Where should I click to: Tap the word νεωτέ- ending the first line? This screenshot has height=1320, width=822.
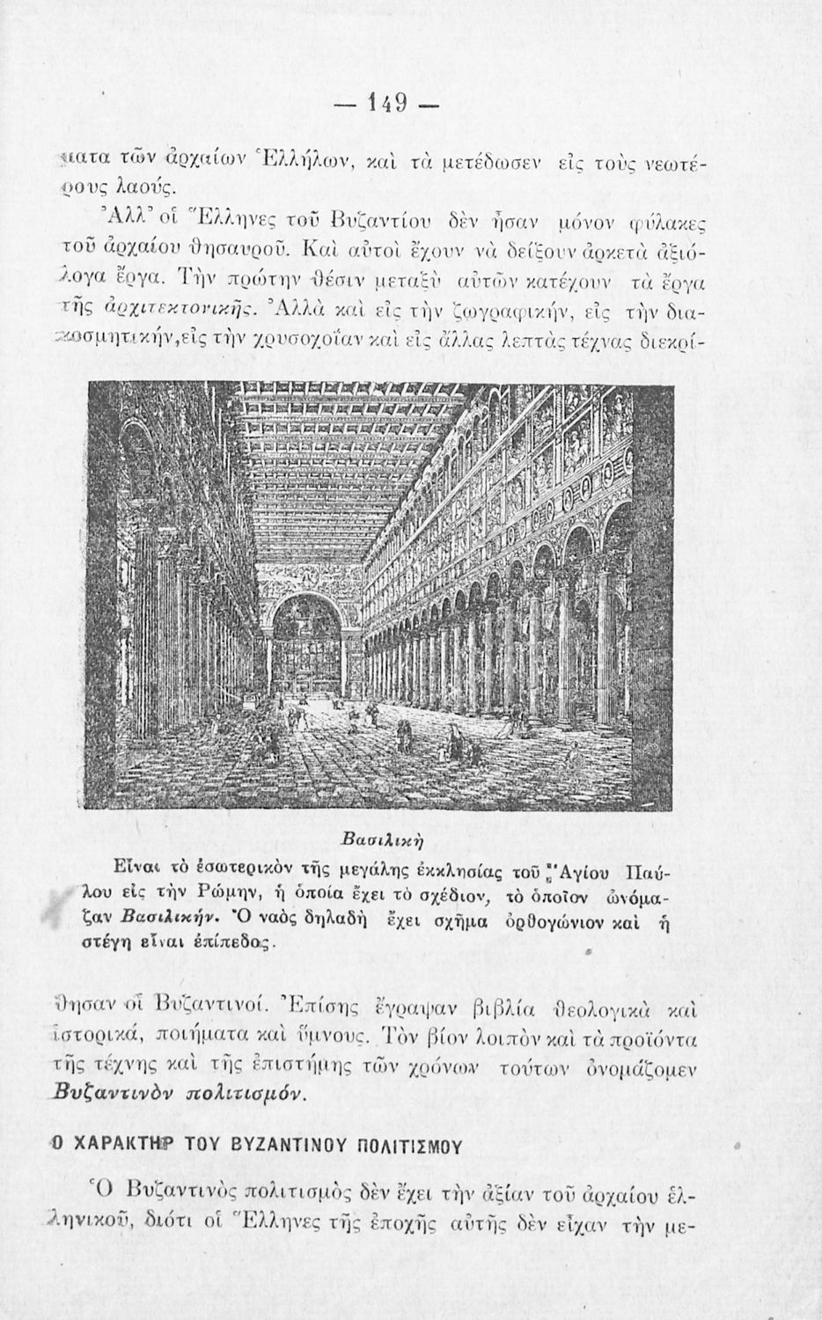pyautogui.click(x=670, y=165)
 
